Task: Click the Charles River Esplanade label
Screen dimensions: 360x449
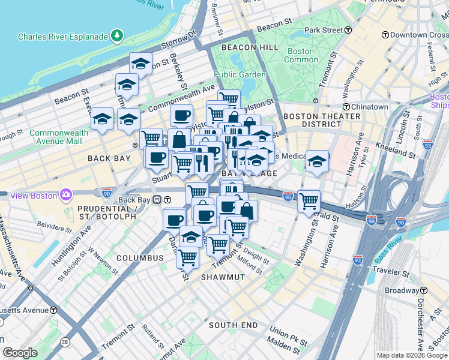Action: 63,37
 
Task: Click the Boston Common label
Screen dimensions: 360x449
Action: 301,55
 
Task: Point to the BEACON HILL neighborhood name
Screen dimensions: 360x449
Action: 250,47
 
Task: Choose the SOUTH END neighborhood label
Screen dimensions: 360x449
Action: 233,325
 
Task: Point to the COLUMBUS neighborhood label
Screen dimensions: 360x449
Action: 140,258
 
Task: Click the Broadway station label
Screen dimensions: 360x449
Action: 402,290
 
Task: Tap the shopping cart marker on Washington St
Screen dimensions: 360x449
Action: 309,200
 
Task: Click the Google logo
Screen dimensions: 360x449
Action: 20,353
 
